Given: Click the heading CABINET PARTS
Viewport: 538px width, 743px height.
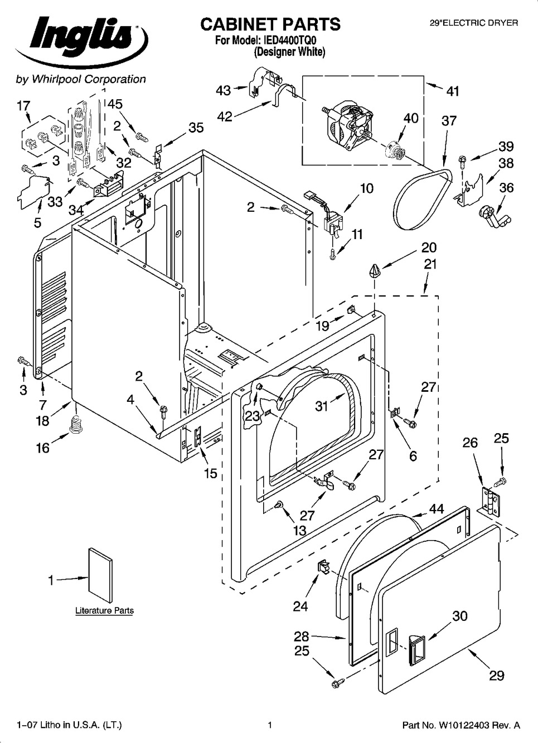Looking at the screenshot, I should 270,24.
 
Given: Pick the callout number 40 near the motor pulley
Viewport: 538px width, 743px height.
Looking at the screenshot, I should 410,118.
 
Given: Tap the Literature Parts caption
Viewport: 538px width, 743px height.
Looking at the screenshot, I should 104,611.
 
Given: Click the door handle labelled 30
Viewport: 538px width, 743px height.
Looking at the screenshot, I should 415,649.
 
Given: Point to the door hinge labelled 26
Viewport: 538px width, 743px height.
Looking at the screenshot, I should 489,499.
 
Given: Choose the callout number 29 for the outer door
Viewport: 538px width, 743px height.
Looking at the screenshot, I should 496,676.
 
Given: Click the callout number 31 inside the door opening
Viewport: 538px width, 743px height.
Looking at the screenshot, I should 322,406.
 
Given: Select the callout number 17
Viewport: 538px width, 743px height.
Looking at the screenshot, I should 23,105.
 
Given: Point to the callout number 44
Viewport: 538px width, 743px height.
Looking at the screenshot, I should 436,508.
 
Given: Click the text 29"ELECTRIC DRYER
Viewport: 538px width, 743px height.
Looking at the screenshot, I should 474,23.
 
